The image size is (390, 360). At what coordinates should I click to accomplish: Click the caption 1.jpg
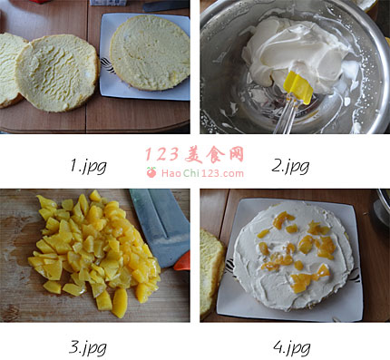pos(88,166)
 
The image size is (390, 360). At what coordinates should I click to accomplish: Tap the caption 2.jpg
pos(290,166)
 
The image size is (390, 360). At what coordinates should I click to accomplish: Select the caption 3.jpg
pos(88,347)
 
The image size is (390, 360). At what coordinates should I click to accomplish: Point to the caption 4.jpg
pos(292,347)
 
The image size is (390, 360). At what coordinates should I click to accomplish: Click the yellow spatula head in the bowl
pos(298,87)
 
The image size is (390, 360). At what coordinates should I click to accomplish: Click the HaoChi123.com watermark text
pos(202,173)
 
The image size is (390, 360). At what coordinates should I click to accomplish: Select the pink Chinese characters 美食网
pos(214,155)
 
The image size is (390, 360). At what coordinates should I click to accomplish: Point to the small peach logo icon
pos(151,172)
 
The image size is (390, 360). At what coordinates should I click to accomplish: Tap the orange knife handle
pos(182,262)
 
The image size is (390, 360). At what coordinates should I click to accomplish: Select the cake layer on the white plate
pos(150,53)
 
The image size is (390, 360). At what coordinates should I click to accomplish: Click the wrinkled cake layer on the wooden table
pos(57,73)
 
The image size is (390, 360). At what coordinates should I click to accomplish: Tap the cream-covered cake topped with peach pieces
pos(293,256)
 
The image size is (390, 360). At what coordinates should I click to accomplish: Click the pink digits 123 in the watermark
pos(162,154)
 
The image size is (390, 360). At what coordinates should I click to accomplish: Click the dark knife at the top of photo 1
pos(166,5)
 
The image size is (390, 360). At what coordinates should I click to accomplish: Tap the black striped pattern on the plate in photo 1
pos(107,65)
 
